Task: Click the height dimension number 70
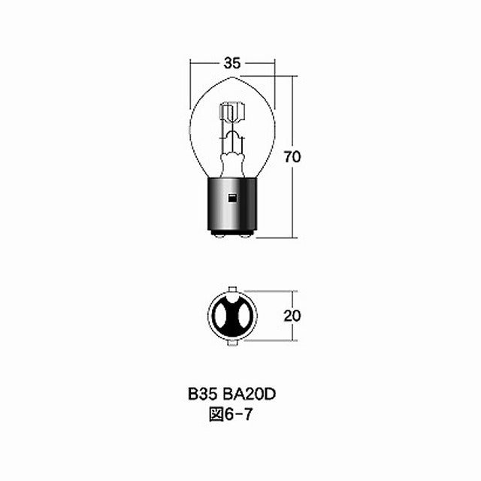tap(292, 157)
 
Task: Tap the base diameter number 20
tap(292, 316)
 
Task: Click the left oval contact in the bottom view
tap(221, 316)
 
